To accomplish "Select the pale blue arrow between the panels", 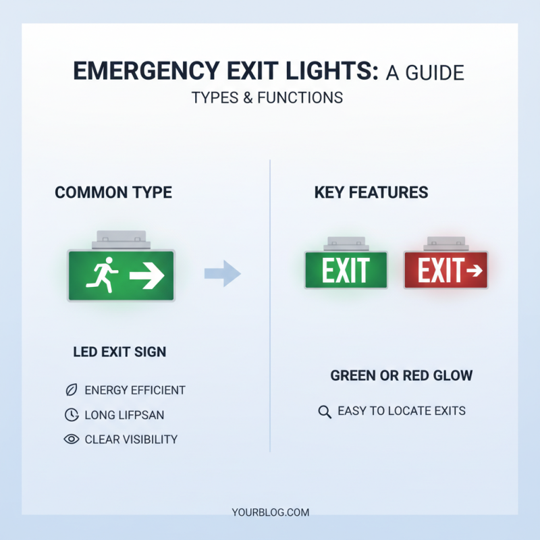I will tap(222, 273).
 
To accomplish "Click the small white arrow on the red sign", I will tap(474, 271).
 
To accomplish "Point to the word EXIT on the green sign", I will tap(346, 271).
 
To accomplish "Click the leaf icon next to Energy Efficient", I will tap(70, 390).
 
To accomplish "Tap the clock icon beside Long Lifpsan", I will tap(70, 415).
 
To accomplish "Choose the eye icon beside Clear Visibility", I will tap(70, 439).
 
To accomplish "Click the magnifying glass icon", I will tap(324, 411).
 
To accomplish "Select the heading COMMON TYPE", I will tap(113, 193).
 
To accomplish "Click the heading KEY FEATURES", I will tap(371, 193).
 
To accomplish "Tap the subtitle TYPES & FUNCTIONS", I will tap(267, 98).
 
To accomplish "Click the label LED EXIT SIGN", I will tap(119, 352).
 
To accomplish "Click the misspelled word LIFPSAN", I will tap(144, 415).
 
